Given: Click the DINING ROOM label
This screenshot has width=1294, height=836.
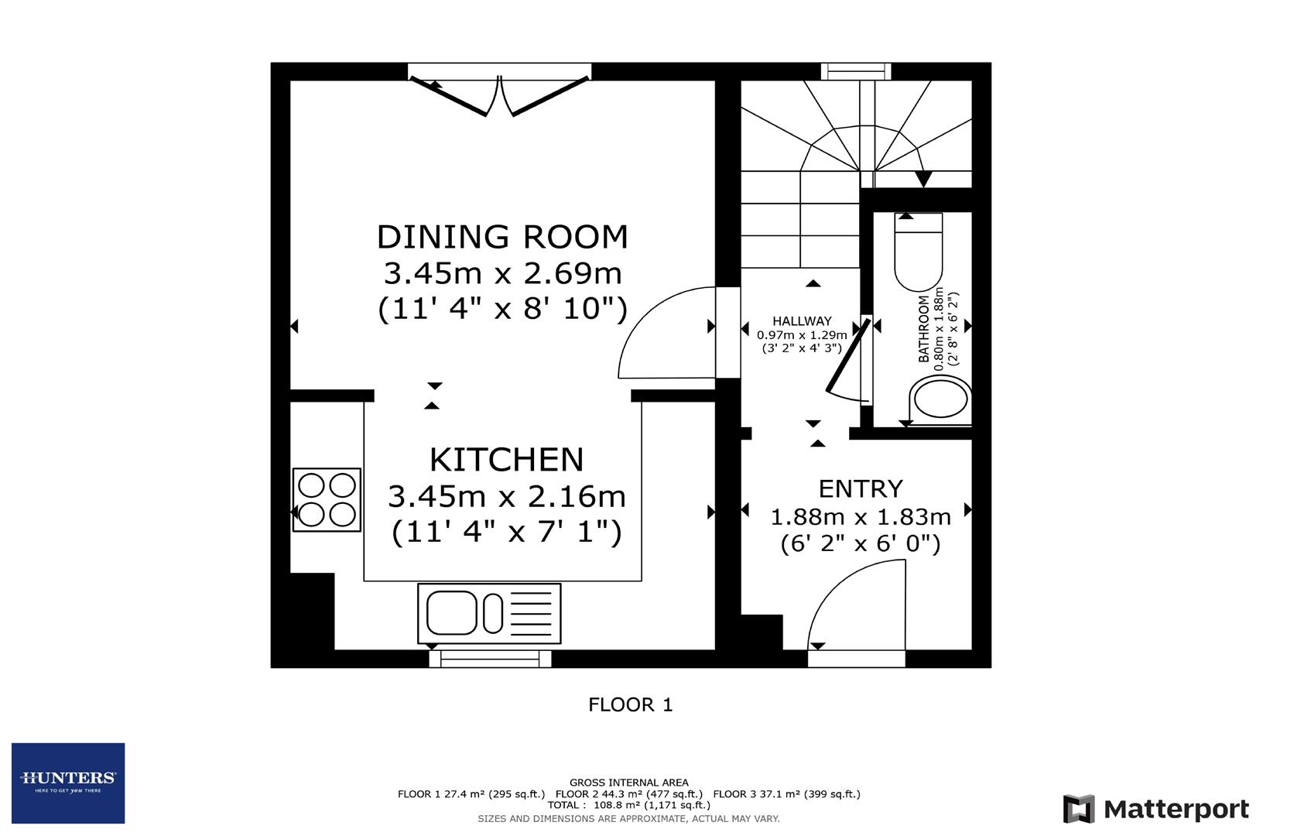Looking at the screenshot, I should (x=502, y=237).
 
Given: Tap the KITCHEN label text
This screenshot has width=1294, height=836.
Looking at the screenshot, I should (x=506, y=460).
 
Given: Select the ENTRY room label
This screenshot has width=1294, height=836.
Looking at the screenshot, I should (x=861, y=489).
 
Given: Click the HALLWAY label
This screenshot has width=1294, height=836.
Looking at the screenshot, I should (x=802, y=321).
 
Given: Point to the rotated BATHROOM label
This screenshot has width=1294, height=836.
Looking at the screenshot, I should (x=923, y=329).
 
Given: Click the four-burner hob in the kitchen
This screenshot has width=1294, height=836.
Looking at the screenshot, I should (x=327, y=500).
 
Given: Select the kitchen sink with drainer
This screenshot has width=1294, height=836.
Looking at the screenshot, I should (x=489, y=613).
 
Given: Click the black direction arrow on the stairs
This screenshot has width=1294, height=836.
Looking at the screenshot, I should (x=923, y=179).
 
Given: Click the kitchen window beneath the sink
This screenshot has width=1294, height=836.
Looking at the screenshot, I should (x=490, y=659).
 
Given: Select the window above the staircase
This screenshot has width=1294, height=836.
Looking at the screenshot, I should (x=855, y=71).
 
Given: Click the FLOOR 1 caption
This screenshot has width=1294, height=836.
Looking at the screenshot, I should (x=630, y=705).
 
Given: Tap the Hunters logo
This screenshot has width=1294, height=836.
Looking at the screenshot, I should (x=68, y=783).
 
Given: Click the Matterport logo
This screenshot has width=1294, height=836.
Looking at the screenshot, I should (x=1155, y=810).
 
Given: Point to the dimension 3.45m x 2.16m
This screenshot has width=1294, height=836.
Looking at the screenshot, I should (x=506, y=496).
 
